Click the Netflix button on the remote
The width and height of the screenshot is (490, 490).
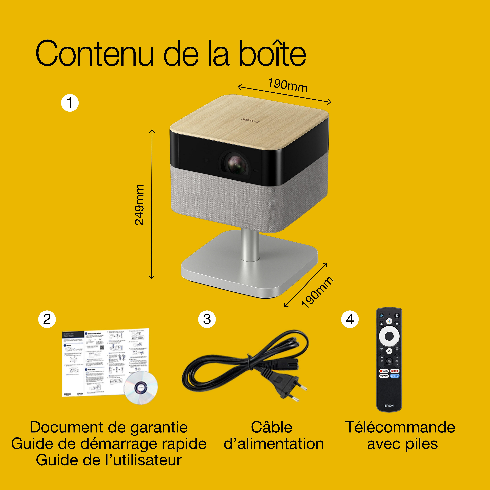pyautogui.click(x=394, y=371)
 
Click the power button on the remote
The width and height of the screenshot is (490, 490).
pyautogui.click(x=381, y=316)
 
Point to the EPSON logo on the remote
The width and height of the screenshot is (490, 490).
pyautogui.click(x=389, y=406)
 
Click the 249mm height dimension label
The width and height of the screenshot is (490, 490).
pyautogui.click(x=139, y=205)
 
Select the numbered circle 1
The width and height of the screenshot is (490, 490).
pyautogui.click(x=70, y=103)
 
